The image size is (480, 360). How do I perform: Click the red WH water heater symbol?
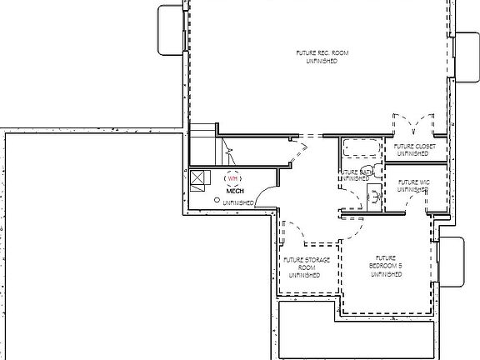233,177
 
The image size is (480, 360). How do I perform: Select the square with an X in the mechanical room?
197,177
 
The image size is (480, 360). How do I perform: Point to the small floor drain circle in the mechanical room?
217,200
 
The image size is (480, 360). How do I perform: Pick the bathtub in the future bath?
361,148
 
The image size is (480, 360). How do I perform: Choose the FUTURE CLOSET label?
412,149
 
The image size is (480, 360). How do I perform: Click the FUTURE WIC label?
412,185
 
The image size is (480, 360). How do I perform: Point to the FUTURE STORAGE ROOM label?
307,267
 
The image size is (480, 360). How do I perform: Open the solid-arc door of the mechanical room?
265,197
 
